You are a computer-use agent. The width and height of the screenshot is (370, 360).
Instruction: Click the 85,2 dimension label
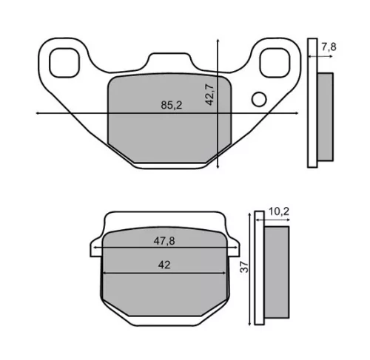[x=172, y=105]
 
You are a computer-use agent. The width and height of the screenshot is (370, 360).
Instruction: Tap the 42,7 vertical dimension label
[x=209, y=95]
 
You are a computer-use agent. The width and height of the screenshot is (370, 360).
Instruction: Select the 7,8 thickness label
[x=329, y=47]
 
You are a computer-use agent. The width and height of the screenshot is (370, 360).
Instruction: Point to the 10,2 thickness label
[x=278, y=211]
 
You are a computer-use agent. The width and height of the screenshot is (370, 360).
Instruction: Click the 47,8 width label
[x=164, y=241]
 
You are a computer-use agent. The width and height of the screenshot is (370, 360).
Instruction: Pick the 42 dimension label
[x=164, y=265]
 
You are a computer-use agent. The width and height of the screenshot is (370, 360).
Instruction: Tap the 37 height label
[x=244, y=267]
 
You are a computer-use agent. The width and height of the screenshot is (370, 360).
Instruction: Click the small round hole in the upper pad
[x=259, y=99]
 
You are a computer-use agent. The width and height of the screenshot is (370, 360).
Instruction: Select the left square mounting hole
[x=64, y=63]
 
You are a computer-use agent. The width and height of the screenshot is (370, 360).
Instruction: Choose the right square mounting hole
[x=275, y=63]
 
